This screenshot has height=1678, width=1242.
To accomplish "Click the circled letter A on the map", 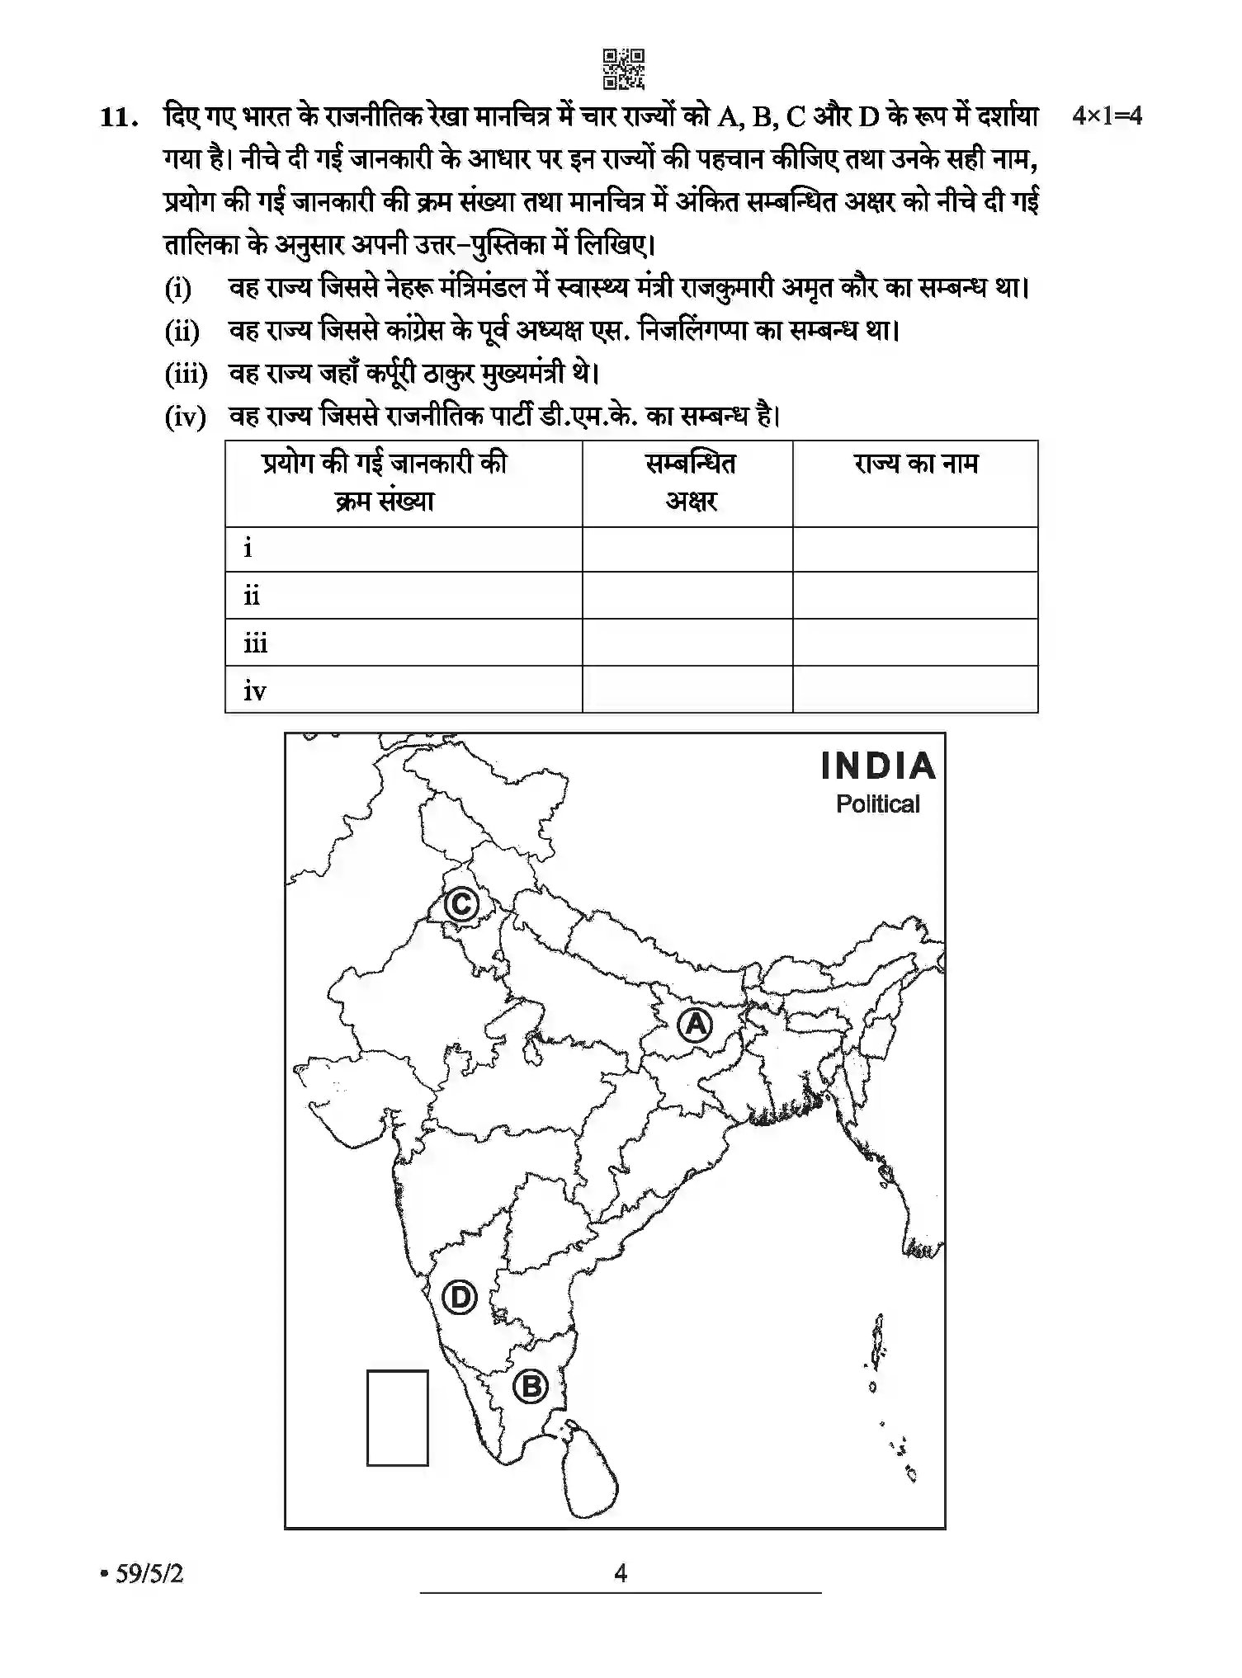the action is [x=695, y=1025].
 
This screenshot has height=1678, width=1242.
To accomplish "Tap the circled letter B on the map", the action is [x=531, y=1386].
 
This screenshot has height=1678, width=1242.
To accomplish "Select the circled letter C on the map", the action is [x=461, y=904].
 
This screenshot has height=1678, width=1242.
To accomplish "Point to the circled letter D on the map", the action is [x=460, y=1297].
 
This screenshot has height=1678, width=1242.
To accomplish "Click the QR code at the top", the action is [x=623, y=69].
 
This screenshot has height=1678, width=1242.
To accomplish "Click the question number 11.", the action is [x=117, y=118].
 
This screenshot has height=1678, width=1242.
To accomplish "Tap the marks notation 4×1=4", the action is [x=1107, y=116].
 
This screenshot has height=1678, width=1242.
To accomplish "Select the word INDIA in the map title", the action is [x=878, y=766].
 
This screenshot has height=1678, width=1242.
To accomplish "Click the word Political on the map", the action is [x=877, y=804].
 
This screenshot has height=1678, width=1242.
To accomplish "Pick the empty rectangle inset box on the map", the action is [x=397, y=1418].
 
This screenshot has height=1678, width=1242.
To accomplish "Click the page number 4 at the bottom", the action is [x=621, y=1573].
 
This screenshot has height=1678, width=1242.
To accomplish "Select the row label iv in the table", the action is [x=255, y=691].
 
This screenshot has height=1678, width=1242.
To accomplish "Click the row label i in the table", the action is [x=248, y=548].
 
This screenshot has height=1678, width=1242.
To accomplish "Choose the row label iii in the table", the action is [x=256, y=643].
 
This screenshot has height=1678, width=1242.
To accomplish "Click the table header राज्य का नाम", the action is [x=915, y=464].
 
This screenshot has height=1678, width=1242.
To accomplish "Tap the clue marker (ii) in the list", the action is [x=182, y=332].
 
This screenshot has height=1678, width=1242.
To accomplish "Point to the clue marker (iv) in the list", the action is [x=185, y=417].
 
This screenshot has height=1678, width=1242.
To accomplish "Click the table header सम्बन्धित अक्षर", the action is [x=689, y=483].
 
